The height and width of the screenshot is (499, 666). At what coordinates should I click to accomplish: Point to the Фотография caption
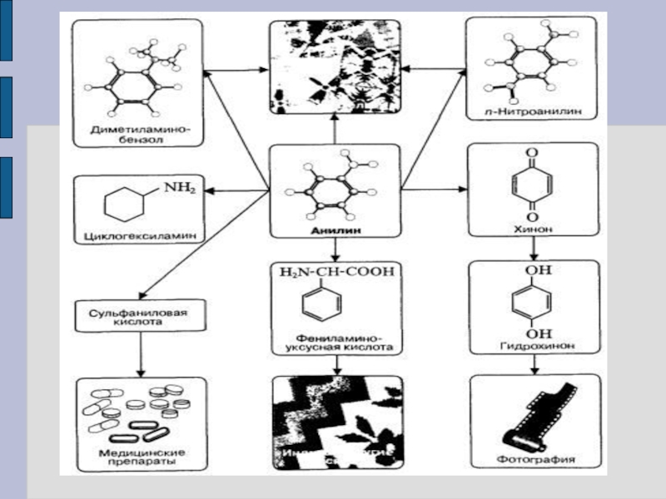[x=533, y=459]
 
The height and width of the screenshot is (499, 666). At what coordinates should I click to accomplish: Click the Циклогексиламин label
[x=139, y=235]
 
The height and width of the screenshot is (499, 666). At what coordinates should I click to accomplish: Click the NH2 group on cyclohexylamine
[x=179, y=188]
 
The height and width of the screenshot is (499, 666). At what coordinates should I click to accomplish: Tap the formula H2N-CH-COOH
[x=336, y=272]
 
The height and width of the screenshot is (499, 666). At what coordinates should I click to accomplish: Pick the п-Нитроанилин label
[x=533, y=110]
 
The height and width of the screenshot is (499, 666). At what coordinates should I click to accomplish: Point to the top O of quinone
[x=532, y=153]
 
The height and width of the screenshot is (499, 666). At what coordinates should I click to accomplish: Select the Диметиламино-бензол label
[x=139, y=135]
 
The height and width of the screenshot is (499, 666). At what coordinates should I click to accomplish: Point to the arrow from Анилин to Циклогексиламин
[x=237, y=191]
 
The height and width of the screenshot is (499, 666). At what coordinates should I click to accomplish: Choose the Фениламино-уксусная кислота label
[x=336, y=345]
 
